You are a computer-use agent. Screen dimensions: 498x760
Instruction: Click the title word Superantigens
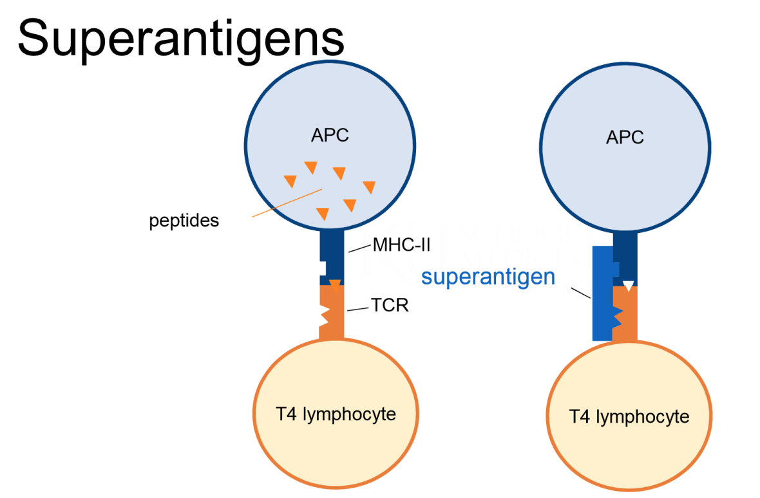pos(180,37)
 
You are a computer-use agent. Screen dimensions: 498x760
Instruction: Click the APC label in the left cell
pos(330,136)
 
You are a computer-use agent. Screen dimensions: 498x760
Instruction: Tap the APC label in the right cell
pos(625,138)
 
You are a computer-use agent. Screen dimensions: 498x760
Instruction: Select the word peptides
pos(184,221)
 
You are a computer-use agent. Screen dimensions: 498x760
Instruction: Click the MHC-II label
pos(401,245)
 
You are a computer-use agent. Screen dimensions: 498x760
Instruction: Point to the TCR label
pos(390,305)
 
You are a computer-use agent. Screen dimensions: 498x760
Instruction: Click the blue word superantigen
pos(488,277)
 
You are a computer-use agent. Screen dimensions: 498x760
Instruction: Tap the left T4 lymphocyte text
pos(336,413)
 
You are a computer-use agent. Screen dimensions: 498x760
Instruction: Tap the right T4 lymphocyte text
pos(629,416)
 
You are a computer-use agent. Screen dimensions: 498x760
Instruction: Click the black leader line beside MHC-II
pos(359,248)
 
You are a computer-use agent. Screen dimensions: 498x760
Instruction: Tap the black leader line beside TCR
pos(358,309)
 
